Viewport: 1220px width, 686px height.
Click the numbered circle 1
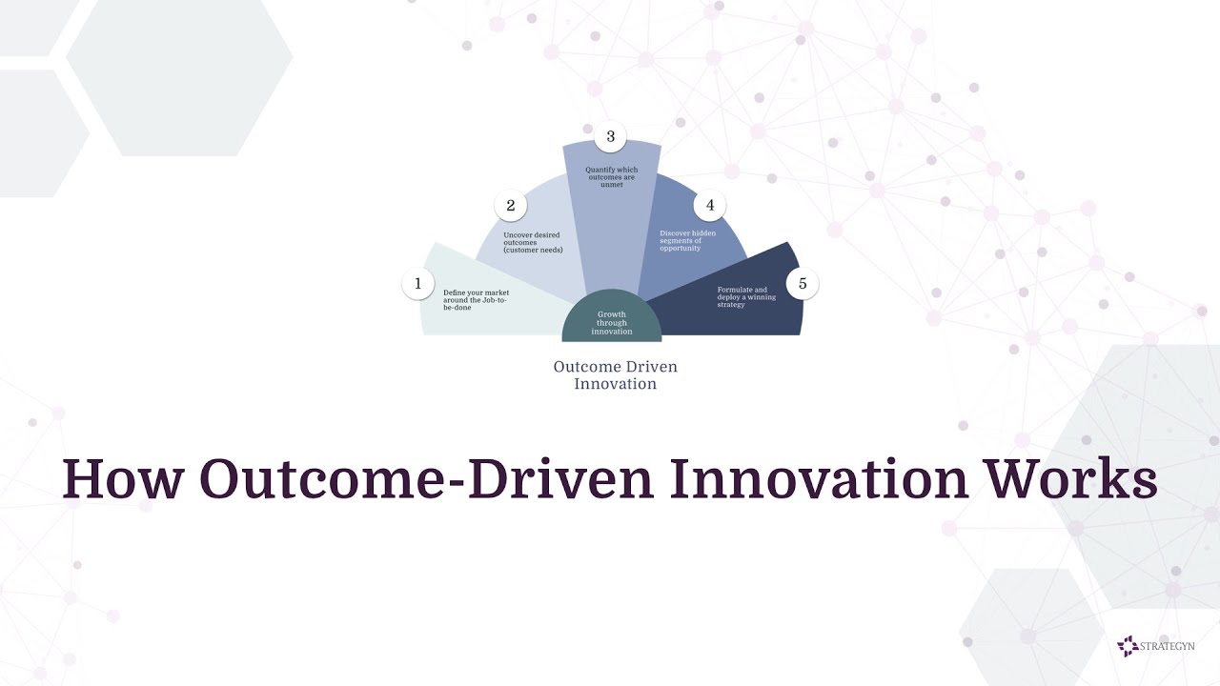tap(417, 283)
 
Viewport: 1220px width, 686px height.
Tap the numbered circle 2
tap(511, 205)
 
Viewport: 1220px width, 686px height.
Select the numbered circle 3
tap(610, 136)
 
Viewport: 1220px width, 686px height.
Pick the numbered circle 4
tap(709, 205)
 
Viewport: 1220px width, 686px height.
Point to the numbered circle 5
tap(803, 283)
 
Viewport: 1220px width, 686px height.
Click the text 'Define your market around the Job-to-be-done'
tap(476, 300)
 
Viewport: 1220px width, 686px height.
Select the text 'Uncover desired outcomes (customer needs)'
tap(533, 242)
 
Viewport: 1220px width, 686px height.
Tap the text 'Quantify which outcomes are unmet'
tap(611, 177)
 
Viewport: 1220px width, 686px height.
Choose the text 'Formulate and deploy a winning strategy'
tap(746, 297)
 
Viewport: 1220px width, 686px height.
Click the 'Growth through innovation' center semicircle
tap(612, 323)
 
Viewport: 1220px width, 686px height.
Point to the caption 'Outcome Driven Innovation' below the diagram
tap(616, 375)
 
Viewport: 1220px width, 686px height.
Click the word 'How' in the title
tap(121, 479)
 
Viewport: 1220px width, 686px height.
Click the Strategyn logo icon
tap(1128, 646)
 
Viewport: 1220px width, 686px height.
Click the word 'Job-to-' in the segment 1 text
tap(494, 300)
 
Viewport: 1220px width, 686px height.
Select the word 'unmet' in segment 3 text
tap(611, 185)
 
